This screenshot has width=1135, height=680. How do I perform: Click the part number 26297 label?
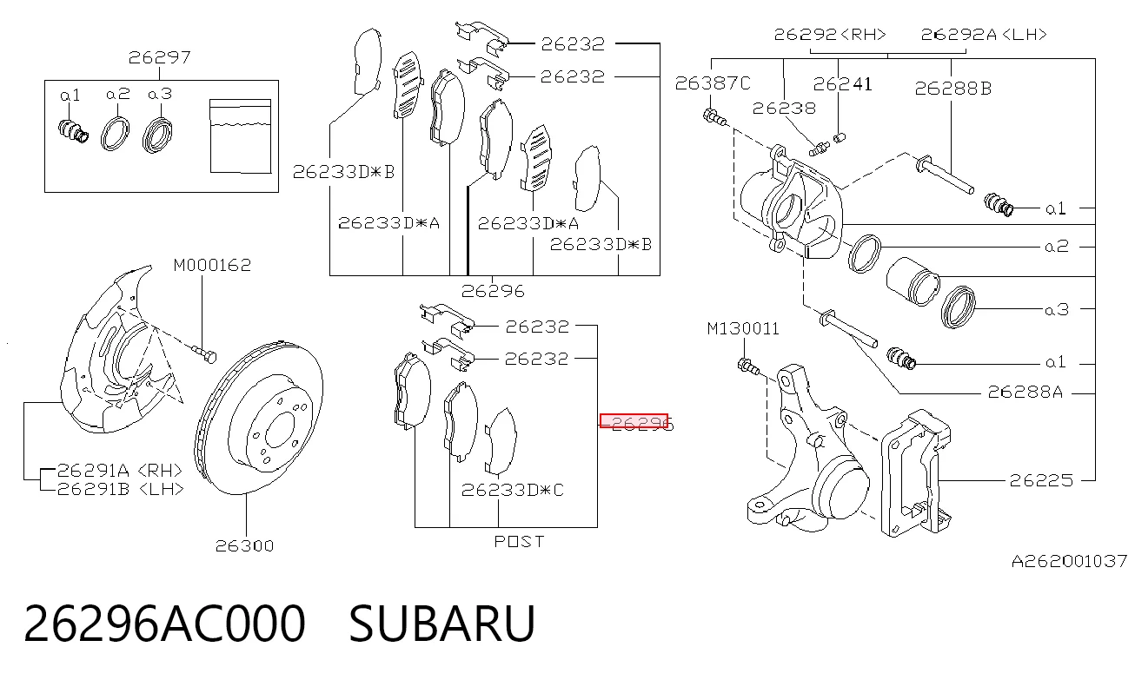[x=159, y=57]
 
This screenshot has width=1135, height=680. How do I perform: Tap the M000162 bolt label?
[x=212, y=266]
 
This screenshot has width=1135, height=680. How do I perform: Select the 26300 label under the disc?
[x=244, y=545]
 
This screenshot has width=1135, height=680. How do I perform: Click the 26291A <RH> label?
[x=120, y=471]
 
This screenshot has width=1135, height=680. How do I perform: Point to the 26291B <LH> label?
[x=120, y=489]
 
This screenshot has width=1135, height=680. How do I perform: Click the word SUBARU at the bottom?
[x=441, y=624]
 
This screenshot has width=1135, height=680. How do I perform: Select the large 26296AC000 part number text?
[x=164, y=624]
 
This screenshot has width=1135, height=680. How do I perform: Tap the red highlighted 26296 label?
[x=634, y=420]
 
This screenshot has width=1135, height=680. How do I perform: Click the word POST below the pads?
[x=519, y=542]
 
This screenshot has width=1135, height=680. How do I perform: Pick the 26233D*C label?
[x=512, y=490]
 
